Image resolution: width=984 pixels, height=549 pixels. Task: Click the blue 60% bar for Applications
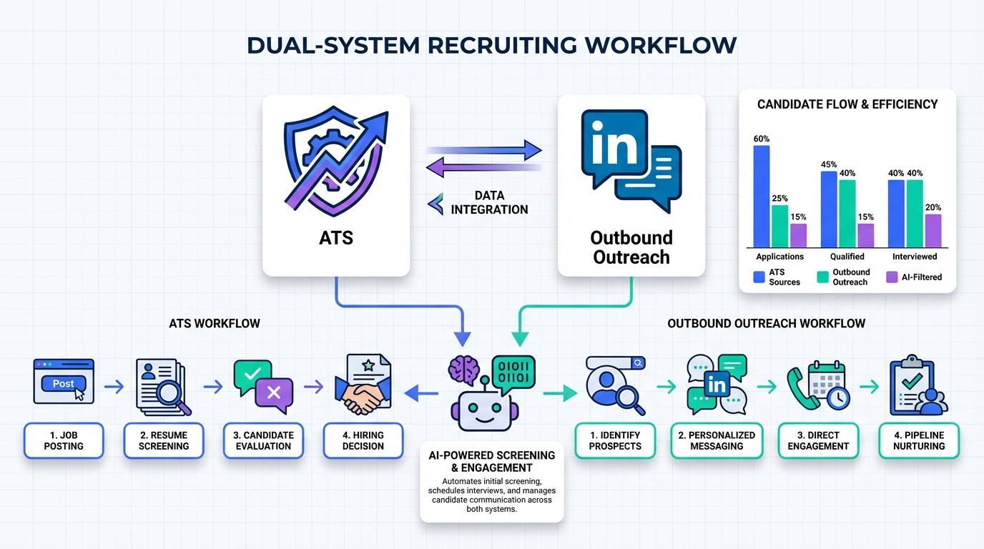coord(762,197)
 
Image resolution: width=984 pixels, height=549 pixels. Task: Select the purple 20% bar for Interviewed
coord(933,230)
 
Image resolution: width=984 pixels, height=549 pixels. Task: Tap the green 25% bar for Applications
coord(780,226)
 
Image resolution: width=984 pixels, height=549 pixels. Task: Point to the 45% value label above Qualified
coord(829,164)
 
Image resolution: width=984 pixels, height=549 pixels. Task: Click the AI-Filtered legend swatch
coord(892,277)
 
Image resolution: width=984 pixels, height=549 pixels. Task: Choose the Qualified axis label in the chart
coord(847,257)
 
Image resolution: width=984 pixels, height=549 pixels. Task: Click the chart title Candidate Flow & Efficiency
coord(847,104)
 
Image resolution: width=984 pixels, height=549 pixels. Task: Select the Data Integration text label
coord(489,202)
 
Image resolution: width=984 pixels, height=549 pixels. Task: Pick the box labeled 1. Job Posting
coord(64,440)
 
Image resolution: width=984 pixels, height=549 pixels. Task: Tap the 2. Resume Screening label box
coord(164,440)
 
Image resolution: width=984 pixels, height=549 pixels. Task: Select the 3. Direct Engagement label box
coord(818,440)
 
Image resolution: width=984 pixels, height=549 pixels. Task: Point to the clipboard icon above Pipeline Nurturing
coord(917,386)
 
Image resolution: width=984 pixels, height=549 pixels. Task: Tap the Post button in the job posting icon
coord(64,384)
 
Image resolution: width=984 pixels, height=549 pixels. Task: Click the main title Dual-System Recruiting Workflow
coord(492,45)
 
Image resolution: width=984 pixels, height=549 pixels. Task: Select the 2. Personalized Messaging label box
coord(717,440)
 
